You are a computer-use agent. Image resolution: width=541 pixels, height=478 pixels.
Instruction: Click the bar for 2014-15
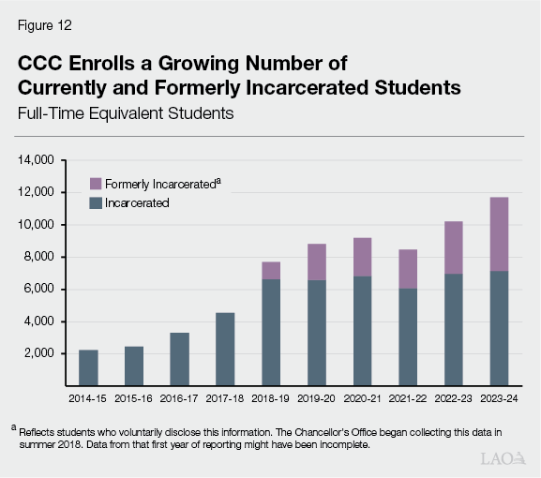pyautogui.click(x=88, y=367)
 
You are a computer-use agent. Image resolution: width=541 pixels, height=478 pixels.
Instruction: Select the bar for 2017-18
pyautogui.click(x=225, y=349)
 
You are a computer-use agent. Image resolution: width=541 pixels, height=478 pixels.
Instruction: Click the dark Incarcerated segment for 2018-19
pyautogui.click(x=271, y=332)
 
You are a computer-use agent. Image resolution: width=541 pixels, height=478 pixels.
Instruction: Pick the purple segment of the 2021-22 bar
pyautogui.click(x=408, y=269)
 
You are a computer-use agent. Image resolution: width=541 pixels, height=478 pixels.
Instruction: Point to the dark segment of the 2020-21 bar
pyautogui.click(x=362, y=330)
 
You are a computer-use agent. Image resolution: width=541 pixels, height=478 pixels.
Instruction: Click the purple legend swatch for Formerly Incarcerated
pyautogui.click(x=95, y=185)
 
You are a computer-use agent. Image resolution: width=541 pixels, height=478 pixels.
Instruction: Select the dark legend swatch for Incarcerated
pyautogui.click(x=95, y=202)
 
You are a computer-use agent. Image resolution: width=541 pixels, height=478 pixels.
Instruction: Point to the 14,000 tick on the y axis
pyautogui.click(x=35, y=160)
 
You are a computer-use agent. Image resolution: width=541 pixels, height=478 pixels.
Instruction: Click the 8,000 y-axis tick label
pyautogui.click(x=38, y=257)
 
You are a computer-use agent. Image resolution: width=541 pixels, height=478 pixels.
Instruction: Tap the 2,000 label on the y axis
pyautogui.click(x=38, y=353)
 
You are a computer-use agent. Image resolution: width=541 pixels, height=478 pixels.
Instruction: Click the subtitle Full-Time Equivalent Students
pyautogui.click(x=124, y=113)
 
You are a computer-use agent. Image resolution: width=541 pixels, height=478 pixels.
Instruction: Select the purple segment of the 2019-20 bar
pyautogui.click(x=316, y=261)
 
